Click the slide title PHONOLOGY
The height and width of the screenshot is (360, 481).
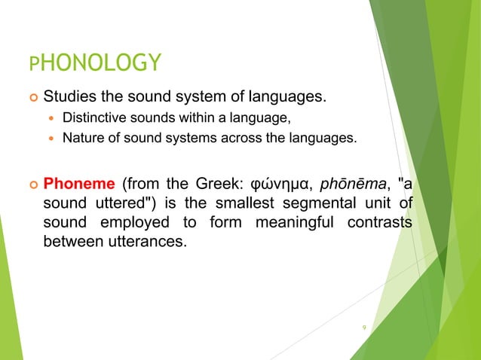94,63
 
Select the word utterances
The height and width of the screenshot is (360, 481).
149,244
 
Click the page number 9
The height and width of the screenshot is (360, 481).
364,328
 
